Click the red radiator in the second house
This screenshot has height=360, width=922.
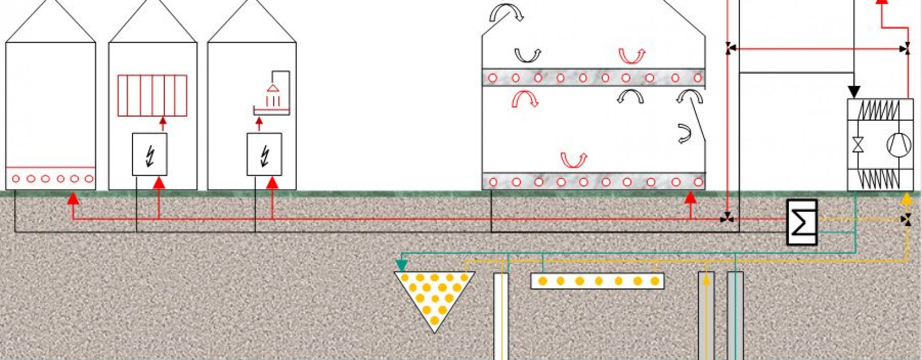152,96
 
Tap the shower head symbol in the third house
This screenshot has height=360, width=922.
273,89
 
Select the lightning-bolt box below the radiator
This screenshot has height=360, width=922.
150,155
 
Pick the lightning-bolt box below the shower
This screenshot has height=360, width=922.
264,155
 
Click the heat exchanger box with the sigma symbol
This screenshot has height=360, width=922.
802,222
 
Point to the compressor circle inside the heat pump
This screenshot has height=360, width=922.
898,144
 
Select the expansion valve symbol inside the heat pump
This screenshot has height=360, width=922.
858,144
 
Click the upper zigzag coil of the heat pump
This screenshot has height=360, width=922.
880,110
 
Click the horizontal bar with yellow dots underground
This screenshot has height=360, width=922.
597,281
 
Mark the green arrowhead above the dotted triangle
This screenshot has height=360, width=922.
401,265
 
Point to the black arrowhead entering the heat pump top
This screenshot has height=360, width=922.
854,91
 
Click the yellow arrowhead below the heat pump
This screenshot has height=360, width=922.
906,199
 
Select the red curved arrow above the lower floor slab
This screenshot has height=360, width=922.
573,160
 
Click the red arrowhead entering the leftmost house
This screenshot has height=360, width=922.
73,198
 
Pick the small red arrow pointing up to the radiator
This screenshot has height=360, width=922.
163,123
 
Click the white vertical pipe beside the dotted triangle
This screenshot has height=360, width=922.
501,314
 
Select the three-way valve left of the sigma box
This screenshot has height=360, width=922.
727,218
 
